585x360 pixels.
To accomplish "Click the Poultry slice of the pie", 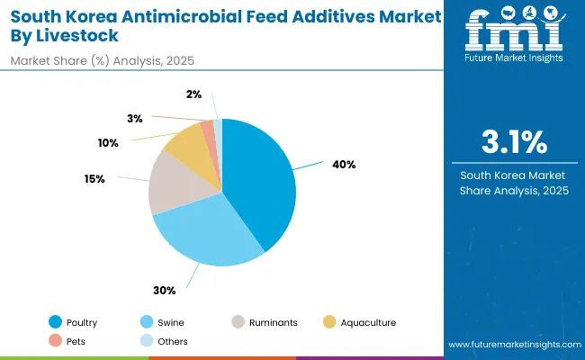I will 261,180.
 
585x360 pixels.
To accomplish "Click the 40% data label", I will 344,165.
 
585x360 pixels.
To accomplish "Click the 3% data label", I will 135,118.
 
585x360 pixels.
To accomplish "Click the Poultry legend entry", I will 73,322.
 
